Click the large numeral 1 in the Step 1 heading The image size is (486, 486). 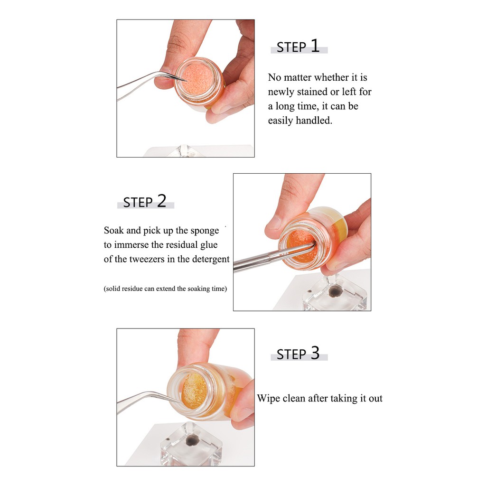315,46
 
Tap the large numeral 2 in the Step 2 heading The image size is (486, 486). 162,201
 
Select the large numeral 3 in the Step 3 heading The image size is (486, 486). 315,353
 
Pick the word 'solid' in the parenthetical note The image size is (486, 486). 113,289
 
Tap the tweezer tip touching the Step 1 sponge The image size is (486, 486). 186,81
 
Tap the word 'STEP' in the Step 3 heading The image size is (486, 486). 291,355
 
